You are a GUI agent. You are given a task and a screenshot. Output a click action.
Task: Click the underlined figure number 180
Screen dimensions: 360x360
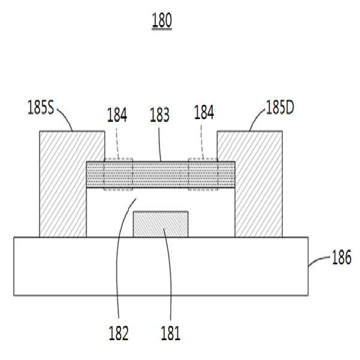162,20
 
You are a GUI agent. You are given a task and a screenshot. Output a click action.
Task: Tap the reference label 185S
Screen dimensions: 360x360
41,107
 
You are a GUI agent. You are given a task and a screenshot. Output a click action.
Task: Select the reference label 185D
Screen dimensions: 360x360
280,107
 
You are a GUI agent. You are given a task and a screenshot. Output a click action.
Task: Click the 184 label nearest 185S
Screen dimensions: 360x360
117,114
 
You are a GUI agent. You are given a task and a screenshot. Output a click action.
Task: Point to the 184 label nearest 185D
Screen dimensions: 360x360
204,112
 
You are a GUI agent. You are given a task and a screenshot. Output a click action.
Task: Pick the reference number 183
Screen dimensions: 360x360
159,114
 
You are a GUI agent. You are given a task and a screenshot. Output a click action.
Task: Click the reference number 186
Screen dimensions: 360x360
341,257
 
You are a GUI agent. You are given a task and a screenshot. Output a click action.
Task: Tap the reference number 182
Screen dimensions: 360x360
119,333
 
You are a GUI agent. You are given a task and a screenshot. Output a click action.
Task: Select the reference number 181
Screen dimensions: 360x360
171,333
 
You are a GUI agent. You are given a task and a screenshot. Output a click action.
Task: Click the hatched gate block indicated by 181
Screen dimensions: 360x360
161,224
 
